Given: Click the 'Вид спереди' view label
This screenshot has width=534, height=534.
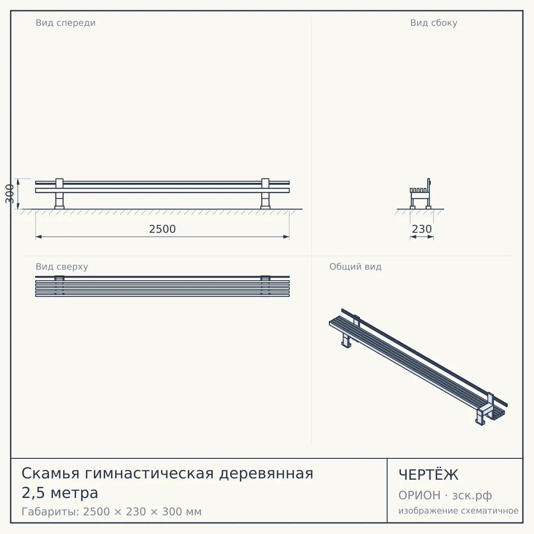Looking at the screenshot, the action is pyautogui.click(x=65, y=23).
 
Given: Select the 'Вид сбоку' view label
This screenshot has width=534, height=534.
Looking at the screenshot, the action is pyautogui.click(x=434, y=23).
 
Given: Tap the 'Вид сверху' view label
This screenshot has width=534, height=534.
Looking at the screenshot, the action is pyautogui.click(x=62, y=267).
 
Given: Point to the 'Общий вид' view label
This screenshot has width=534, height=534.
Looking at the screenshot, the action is pyautogui.click(x=355, y=267).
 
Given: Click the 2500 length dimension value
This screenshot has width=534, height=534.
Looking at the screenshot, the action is pyautogui.click(x=162, y=229).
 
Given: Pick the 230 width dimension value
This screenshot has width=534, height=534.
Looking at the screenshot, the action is pyautogui.click(x=422, y=229).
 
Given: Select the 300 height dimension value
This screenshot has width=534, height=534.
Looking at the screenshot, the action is pyautogui.click(x=10, y=194).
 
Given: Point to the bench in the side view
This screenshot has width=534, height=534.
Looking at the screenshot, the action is pyautogui.click(x=421, y=194).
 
